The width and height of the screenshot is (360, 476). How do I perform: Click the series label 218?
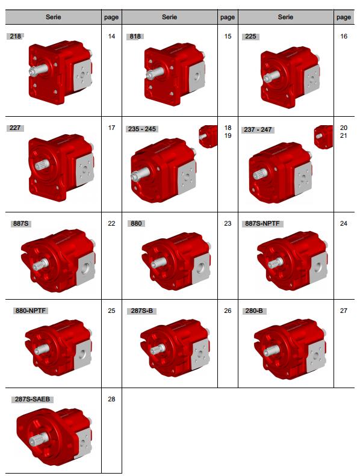coord(15,36)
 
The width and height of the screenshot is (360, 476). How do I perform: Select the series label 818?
coord(135,37)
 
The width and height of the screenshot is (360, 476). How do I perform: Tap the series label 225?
coord(250,37)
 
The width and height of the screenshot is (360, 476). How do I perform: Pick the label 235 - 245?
coord(142,129)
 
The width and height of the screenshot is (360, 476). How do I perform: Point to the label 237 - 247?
coord(258,129)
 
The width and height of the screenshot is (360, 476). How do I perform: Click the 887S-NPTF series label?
coord(262,223)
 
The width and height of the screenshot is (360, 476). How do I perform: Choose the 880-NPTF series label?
coord(31,311)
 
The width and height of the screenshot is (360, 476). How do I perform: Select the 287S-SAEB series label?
coord(33,399)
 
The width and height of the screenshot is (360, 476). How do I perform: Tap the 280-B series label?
coord(254,311)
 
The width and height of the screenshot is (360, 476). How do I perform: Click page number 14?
coord(111,37)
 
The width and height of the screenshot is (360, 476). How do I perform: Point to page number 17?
coord(111,128)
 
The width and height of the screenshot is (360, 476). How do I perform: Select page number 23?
coord(228,223)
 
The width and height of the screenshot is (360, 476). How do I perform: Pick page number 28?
coord(111,399)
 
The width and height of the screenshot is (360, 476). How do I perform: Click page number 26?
coord(228,311)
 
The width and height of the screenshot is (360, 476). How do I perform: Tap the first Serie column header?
coord(54,17)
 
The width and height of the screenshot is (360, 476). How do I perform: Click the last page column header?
coord(344,17)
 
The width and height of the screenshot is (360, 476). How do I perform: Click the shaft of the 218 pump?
coord(39,70)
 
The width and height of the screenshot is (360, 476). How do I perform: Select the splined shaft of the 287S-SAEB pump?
coord(39,439)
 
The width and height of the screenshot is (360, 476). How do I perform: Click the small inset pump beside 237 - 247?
coord(323,137)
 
